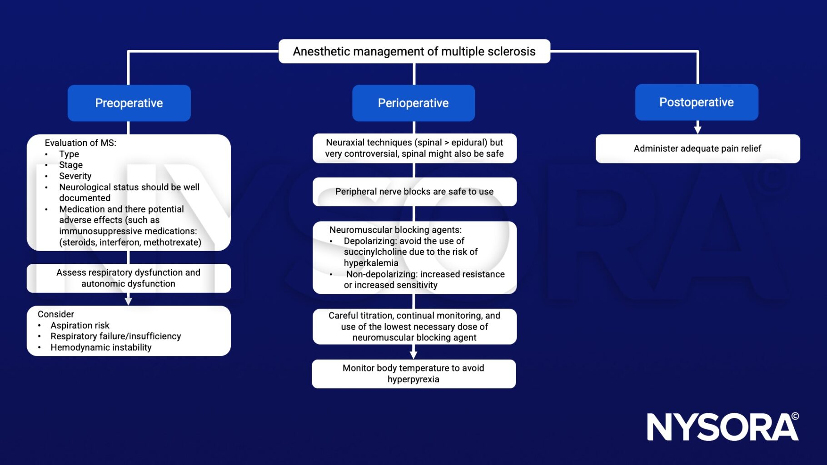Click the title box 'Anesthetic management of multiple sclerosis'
coord(414,51)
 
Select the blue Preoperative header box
coord(129,103)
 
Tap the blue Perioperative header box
coord(413,103)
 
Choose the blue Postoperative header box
coord(697,102)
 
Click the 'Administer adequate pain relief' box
coord(697,148)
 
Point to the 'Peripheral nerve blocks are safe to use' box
coord(414,192)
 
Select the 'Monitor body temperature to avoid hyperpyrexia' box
coord(413,374)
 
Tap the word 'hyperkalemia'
coord(371,263)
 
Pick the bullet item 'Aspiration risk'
coord(80,325)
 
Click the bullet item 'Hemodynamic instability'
coord(101,347)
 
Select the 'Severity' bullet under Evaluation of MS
coord(75,176)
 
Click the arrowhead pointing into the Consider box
coord(129,301)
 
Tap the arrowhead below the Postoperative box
coord(697,129)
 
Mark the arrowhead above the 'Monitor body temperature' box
coord(413,354)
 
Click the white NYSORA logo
coord(722,427)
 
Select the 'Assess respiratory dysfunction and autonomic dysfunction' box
coord(129,278)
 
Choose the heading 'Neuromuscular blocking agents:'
coord(395,230)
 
